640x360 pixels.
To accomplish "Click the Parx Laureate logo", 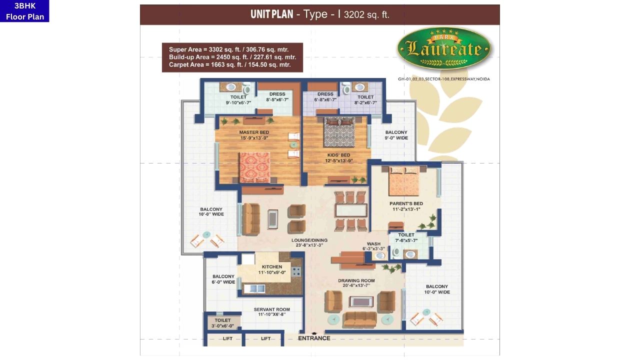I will tap(444, 49).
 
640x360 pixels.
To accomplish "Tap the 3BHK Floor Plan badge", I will tap(24, 11).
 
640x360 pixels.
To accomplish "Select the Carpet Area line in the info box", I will tap(229, 65).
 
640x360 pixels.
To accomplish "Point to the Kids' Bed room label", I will tap(338, 158).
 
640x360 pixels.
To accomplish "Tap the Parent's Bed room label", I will tap(406, 206).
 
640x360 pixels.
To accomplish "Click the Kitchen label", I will tap(271, 269).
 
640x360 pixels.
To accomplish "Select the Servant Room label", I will tap(271, 312).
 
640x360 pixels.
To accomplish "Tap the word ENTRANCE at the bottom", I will tap(314, 338).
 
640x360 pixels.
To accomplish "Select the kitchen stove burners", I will tap(296, 272).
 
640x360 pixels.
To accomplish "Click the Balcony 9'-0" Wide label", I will tap(396, 135).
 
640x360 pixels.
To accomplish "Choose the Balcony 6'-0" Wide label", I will tap(223, 279).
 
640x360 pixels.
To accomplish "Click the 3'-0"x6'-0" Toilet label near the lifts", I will tap(223, 323).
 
